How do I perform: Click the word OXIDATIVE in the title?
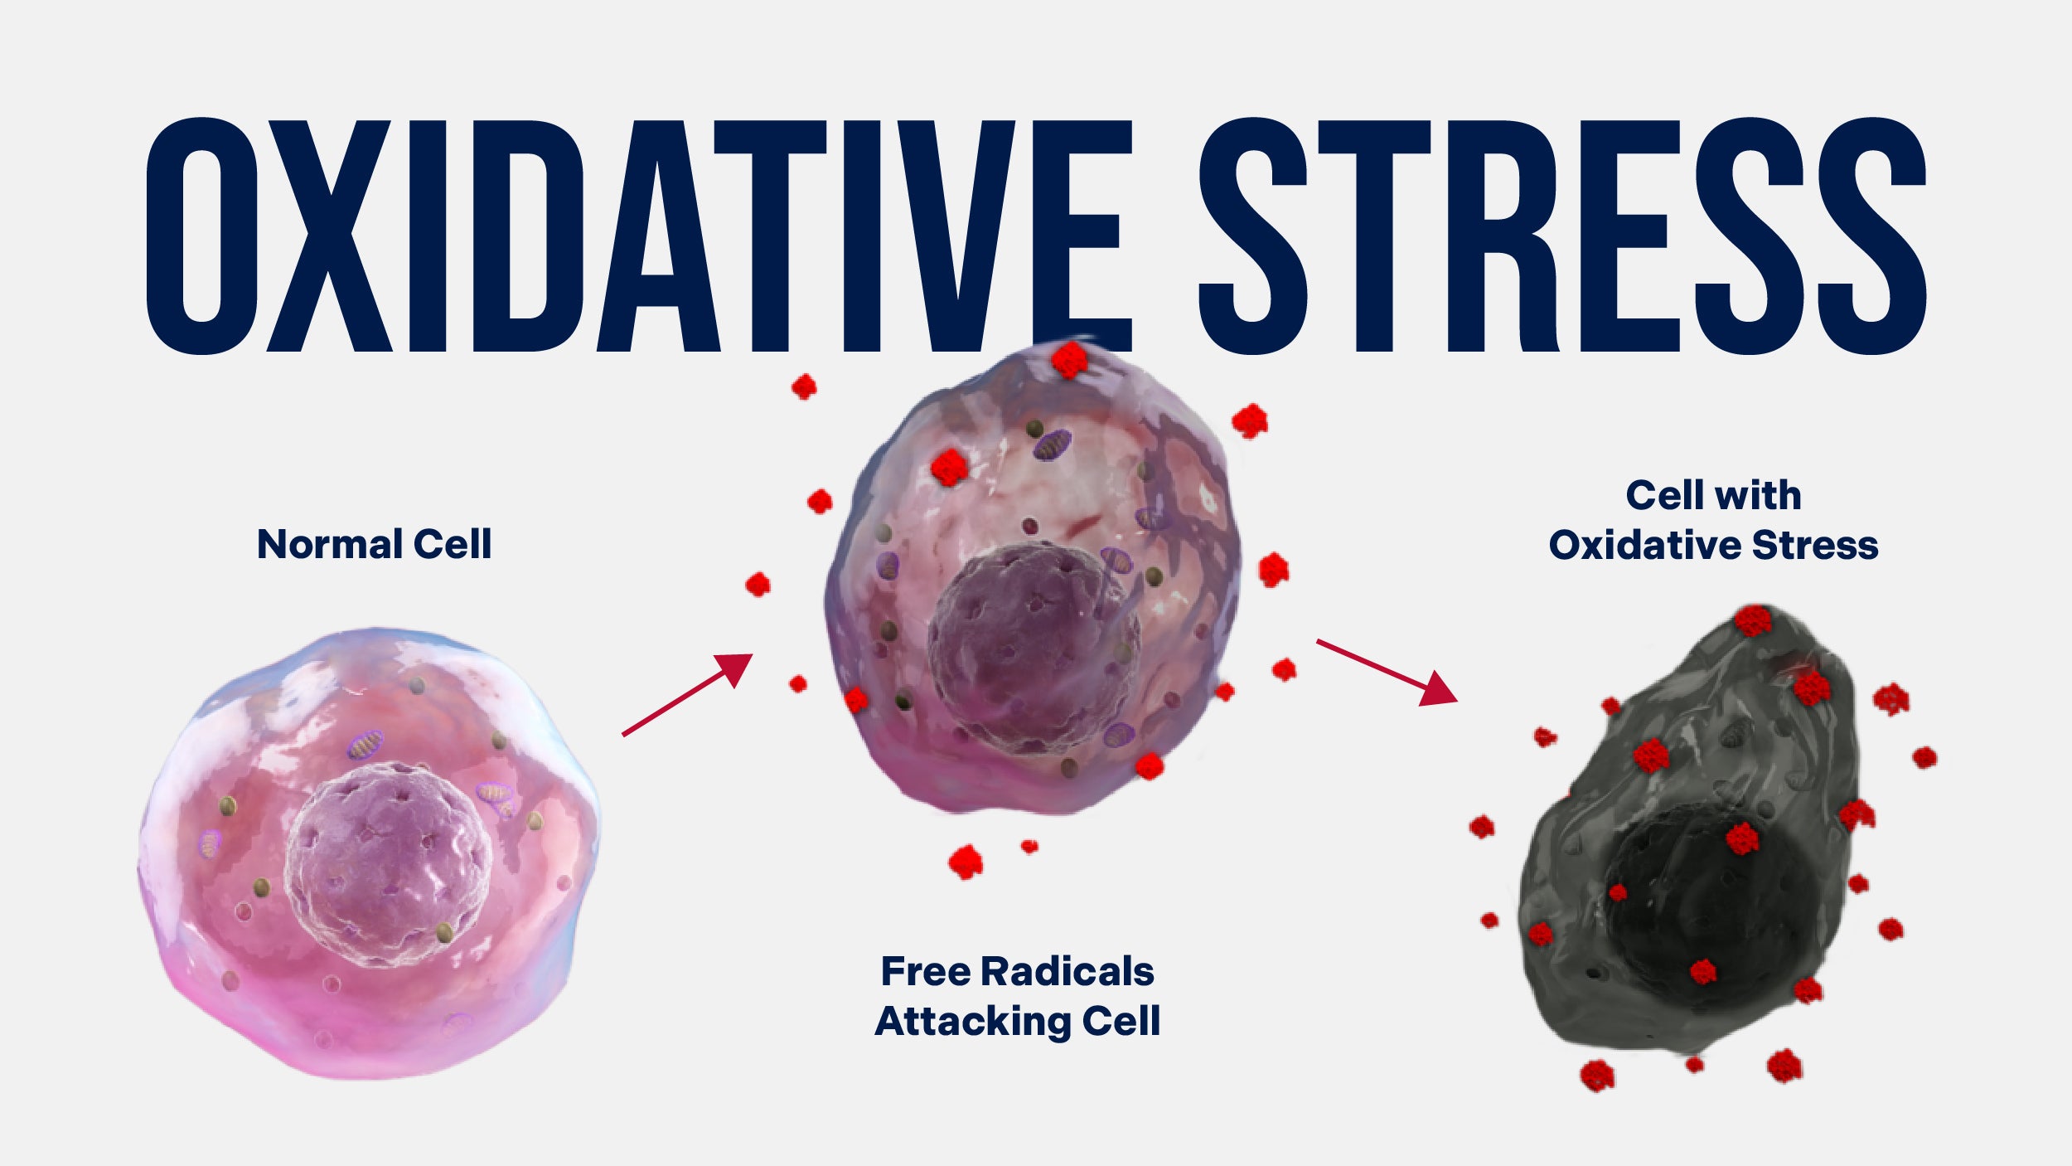tap(638, 236)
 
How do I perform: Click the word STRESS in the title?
tap(1562, 236)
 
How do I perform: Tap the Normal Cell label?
tap(374, 545)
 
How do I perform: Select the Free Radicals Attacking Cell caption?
tap(1018, 995)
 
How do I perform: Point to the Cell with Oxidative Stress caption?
tap(1713, 520)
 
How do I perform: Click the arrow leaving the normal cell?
tap(687, 695)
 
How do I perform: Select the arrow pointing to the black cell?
tap(1387, 673)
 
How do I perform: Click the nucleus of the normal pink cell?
tap(388, 863)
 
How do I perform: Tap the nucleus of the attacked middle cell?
tap(1033, 648)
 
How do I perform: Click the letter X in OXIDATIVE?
tap(330, 236)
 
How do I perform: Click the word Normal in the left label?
tap(329, 545)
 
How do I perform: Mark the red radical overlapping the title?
tap(1069, 359)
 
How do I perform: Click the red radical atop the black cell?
tap(1753, 620)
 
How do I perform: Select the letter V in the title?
tap(957, 236)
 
